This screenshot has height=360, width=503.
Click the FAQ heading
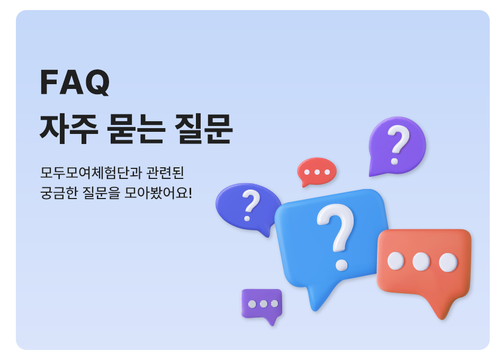75,82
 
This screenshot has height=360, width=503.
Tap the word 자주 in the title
69,129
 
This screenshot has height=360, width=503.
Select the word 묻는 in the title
136,129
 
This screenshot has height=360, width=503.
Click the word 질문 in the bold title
203,129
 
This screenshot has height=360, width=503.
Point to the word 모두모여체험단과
91,173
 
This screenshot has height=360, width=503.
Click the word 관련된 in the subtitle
165,173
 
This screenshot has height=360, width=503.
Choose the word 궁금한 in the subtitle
59,193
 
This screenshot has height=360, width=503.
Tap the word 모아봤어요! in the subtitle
158,193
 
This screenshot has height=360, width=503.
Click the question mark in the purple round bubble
398,145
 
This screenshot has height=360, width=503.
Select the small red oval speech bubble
317,172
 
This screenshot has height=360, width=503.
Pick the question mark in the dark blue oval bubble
250,205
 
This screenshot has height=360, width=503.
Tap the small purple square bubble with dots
262,305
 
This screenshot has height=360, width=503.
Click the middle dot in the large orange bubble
421,262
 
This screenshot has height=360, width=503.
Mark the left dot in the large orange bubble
396,260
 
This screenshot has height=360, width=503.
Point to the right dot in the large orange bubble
448,263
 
